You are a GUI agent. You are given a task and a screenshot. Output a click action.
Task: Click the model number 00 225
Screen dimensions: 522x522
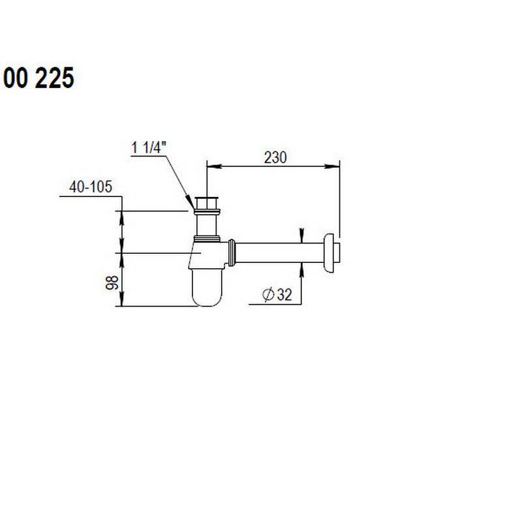pyautogui.click(x=38, y=78)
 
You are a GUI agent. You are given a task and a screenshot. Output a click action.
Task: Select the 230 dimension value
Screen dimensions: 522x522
pyautogui.click(x=275, y=157)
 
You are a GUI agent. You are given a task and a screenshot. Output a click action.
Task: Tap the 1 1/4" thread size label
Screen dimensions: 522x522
pyautogui.click(x=150, y=148)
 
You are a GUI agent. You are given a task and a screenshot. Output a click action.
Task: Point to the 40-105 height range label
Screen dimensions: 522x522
pyautogui.click(x=91, y=187)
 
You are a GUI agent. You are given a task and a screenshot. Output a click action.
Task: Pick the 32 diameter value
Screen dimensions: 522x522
pyautogui.click(x=283, y=295)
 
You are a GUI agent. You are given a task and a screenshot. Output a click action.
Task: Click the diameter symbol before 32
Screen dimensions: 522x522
pyautogui.click(x=268, y=295)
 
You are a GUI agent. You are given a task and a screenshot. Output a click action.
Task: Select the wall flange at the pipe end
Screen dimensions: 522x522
pyautogui.click(x=333, y=251)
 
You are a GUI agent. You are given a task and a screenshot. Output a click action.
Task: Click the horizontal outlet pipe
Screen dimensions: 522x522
pyautogui.click(x=281, y=252)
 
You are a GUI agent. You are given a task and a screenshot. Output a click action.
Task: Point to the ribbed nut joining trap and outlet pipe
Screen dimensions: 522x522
pyautogui.click(x=231, y=253)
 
